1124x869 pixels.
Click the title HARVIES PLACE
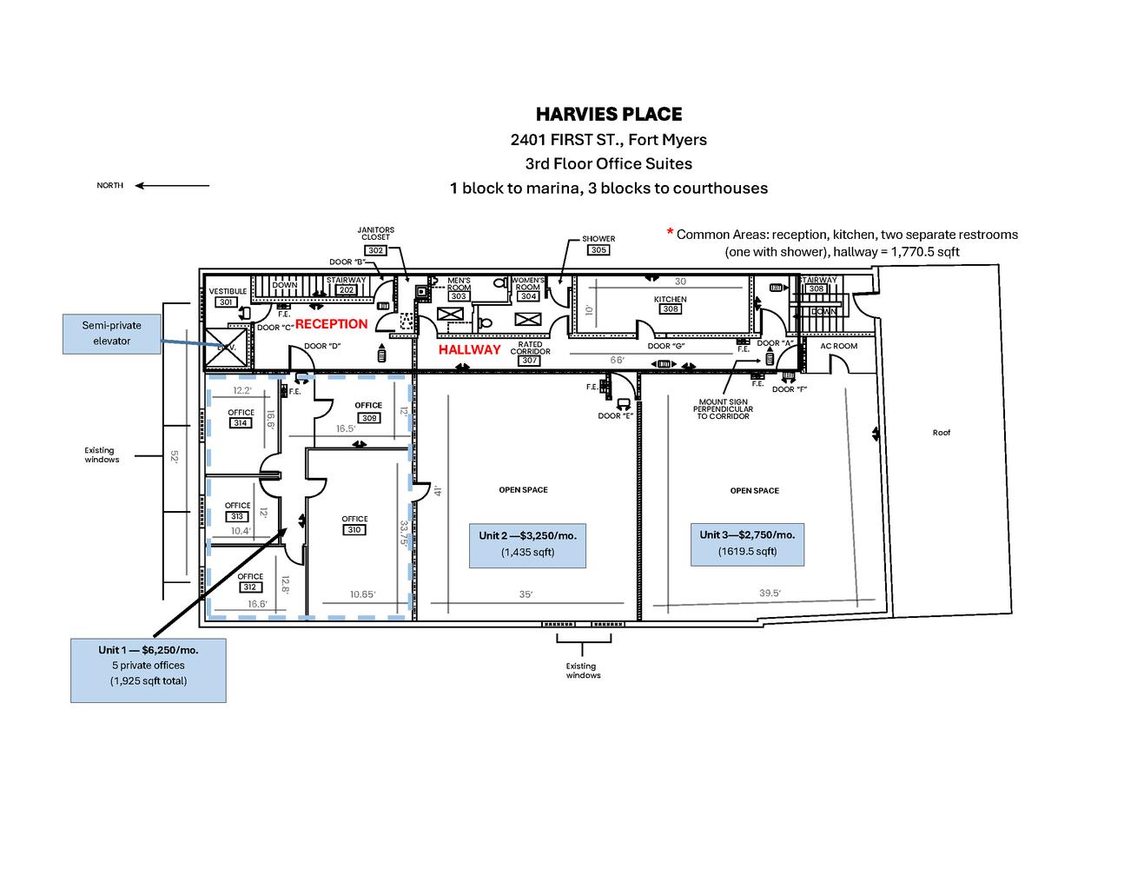pyautogui.click(x=608, y=114)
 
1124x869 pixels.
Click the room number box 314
pyautogui.click(x=241, y=423)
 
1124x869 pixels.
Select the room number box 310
pyautogui.click(x=354, y=529)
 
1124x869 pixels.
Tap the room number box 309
pyautogui.click(x=368, y=417)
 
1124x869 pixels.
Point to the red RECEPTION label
pyautogui.click(x=331, y=324)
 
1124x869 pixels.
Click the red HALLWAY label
pyautogui.click(x=469, y=349)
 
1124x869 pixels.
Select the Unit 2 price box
pyautogui.click(x=527, y=544)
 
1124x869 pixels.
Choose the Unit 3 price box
pyautogui.click(x=747, y=543)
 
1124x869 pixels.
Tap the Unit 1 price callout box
pyautogui.click(x=148, y=670)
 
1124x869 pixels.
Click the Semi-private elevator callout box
pyautogui.click(x=111, y=334)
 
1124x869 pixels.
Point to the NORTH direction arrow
pyautogui.click(x=172, y=185)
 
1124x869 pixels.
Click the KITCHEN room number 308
pyautogui.click(x=670, y=309)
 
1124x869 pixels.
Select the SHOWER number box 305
pyautogui.click(x=598, y=250)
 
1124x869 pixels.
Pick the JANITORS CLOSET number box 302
pyautogui.click(x=375, y=250)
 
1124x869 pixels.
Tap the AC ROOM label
pyautogui.click(x=838, y=346)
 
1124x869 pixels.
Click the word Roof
pyautogui.click(x=941, y=432)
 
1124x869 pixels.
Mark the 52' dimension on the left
pyautogui.click(x=175, y=457)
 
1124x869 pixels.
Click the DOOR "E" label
pyautogui.click(x=615, y=415)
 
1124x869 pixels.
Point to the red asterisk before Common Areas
pyautogui.click(x=670, y=233)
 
